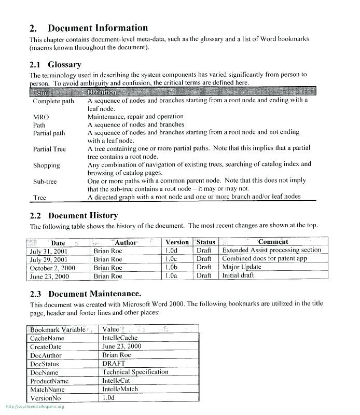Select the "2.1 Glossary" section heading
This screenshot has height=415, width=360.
click(56, 65)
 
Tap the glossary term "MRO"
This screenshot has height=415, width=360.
click(41, 117)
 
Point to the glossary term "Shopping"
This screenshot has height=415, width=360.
click(47, 165)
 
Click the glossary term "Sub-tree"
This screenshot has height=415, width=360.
click(45, 182)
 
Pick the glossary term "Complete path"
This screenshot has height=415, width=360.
click(53, 101)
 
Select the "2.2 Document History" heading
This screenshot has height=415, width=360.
click(74, 215)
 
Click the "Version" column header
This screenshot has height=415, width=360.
click(177, 242)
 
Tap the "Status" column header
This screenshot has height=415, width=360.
click(206, 242)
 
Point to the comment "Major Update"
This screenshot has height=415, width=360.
click(242, 268)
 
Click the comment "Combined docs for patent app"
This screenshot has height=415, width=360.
click(265, 259)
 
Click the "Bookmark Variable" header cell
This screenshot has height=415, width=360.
click(58, 329)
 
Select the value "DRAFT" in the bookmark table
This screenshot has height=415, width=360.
click(114, 364)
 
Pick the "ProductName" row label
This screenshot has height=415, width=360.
click(49, 381)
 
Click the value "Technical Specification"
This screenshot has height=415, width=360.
click(135, 372)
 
